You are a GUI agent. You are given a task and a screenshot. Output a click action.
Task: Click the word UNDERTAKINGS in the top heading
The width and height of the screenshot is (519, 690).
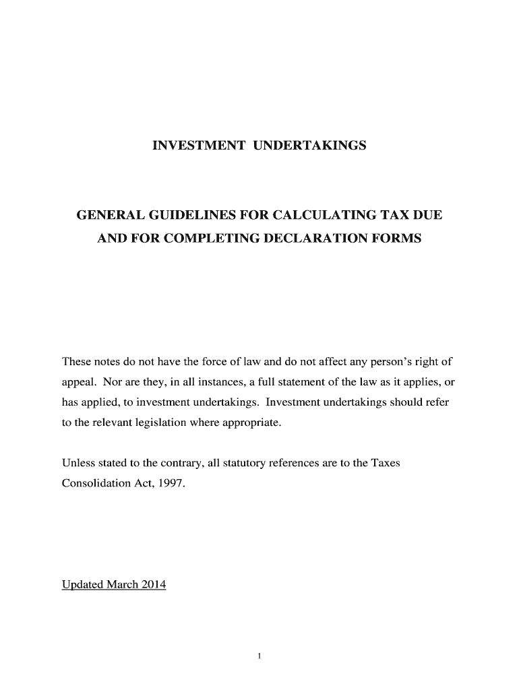[x=309, y=146]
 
